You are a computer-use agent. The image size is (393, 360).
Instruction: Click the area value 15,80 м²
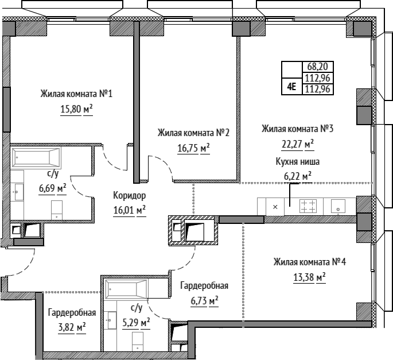(76, 110)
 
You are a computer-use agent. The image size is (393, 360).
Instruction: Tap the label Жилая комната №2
(193, 133)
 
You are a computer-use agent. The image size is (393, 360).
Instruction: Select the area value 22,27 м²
(298, 145)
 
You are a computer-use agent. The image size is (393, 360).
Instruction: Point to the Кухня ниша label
(298, 161)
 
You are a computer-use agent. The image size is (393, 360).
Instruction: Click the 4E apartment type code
(291, 87)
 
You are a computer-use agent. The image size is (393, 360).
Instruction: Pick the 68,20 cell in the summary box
(318, 67)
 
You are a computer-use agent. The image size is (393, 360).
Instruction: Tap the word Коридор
(129, 195)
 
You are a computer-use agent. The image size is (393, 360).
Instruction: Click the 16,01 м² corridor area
(130, 210)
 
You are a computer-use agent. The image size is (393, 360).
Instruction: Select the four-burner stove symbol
(308, 206)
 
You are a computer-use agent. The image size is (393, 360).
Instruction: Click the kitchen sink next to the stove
(338, 207)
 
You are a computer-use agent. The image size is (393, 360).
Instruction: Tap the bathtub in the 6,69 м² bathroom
(36, 157)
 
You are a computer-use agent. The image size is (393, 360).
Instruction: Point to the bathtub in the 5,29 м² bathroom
(126, 289)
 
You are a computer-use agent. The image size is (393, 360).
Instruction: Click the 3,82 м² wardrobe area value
(72, 328)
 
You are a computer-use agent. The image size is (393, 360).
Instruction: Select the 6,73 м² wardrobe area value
(204, 301)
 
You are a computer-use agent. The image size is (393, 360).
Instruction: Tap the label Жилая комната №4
(310, 262)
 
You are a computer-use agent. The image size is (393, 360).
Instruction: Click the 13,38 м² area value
(309, 278)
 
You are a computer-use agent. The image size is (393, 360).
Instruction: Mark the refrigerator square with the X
(275, 207)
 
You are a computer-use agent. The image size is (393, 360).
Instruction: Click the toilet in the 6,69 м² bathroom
(57, 210)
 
